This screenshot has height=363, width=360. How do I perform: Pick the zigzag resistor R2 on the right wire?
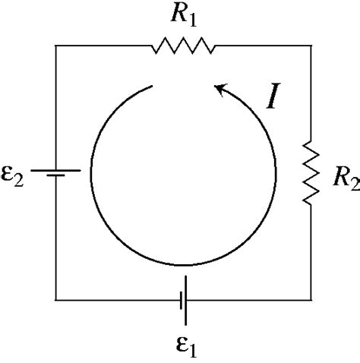pos(309,170)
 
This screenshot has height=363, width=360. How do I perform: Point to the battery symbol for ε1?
pos(183,300)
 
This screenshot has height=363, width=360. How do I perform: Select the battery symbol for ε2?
pos(55,172)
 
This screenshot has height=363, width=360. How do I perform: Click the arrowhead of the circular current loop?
pos(219,90)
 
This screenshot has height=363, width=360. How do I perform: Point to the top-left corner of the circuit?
pos(55,46)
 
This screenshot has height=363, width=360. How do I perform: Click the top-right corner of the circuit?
pos(310,46)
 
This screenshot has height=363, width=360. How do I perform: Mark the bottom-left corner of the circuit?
pos(55,300)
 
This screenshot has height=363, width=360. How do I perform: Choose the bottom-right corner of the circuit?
pos(310,300)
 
